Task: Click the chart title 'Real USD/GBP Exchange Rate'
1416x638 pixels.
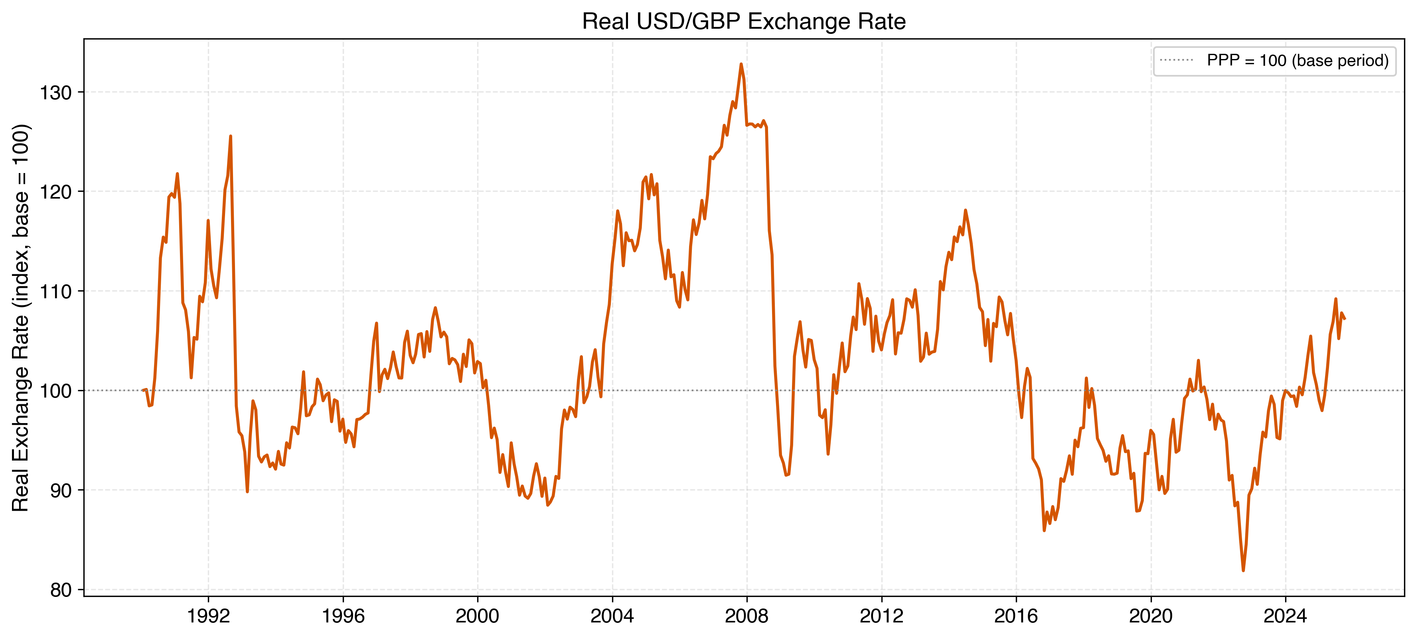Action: tap(743, 22)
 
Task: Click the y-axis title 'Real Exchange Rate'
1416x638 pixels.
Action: tap(21, 318)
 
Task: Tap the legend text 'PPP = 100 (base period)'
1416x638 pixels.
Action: tap(1297, 61)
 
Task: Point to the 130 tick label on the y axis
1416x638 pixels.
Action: tap(56, 93)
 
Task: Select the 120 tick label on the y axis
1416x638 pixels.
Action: tap(56, 192)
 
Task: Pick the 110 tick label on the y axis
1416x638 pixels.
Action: tap(56, 292)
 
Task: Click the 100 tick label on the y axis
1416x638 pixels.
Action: tap(56, 391)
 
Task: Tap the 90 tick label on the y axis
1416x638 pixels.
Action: tap(61, 491)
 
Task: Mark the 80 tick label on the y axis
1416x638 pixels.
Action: tap(61, 590)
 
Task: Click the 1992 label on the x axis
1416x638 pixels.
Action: tap(208, 616)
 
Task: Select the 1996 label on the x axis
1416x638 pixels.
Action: tap(343, 616)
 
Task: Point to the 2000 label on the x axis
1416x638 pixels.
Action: tap(477, 616)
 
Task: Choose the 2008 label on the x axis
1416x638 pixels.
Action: tap(747, 616)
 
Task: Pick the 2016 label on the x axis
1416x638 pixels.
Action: tap(1016, 616)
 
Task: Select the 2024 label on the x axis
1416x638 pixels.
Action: tap(1285, 616)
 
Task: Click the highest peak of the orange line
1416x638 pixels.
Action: tap(741, 64)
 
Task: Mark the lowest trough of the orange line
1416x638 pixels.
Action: tap(1243, 570)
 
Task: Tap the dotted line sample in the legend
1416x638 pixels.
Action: tap(1176, 61)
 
